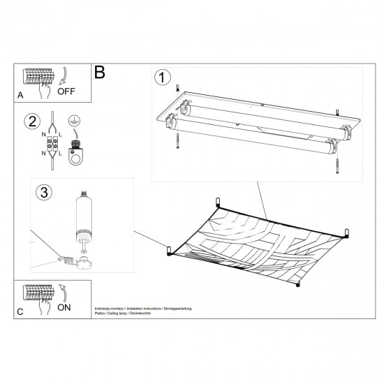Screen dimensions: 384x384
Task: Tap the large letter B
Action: click(99, 72)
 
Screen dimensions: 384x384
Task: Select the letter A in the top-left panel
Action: click(20, 94)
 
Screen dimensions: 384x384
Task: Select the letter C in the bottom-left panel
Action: click(20, 310)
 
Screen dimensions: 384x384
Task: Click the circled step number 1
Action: click(163, 78)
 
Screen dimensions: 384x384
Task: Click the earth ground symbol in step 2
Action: click(74, 121)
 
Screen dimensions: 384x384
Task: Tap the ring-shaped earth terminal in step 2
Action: click(75, 157)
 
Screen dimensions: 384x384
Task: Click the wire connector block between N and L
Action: click(51, 143)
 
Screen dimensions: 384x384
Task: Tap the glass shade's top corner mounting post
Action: click(219, 202)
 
